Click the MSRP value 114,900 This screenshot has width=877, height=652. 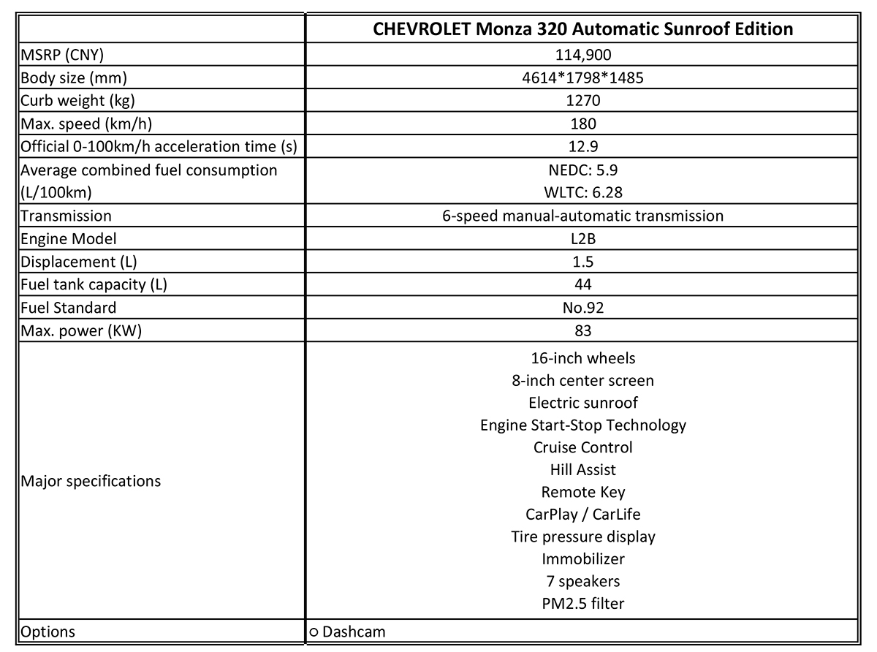click(582, 54)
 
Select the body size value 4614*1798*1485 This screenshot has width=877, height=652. click(582, 77)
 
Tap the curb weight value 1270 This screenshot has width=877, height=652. click(582, 100)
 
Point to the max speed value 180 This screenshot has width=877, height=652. click(582, 124)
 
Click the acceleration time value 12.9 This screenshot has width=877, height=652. click(582, 146)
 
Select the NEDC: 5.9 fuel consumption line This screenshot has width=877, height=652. click(582, 170)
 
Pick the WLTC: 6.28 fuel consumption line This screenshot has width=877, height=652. click(582, 192)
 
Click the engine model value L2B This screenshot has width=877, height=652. click(582, 238)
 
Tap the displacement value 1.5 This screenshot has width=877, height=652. click(582, 262)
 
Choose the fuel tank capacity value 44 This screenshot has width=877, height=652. click(582, 284)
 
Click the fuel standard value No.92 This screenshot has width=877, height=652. click(582, 308)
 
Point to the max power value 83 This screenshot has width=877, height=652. click(582, 330)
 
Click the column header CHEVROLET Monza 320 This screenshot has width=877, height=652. click(582, 29)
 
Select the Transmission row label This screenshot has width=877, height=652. click(67, 216)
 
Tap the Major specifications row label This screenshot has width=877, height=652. click(91, 481)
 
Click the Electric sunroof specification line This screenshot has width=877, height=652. click(582, 403)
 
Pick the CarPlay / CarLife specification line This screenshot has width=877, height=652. click(582, 515)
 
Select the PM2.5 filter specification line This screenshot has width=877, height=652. click(582, 604)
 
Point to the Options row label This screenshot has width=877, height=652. click(48, 632)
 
